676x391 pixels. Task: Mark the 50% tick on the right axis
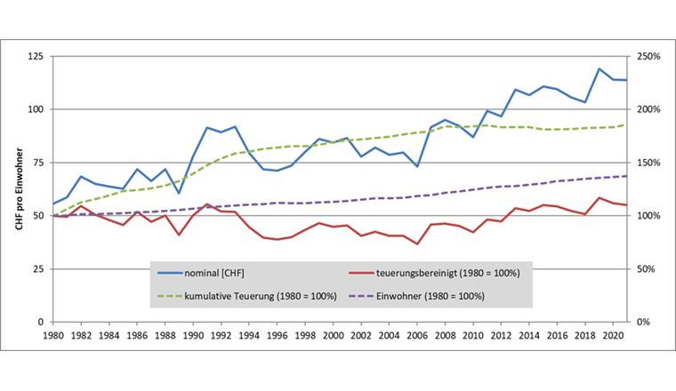(643, 268)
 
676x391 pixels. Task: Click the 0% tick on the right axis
(640, 322)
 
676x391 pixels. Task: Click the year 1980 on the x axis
(54, 337)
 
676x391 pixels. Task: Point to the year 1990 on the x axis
(193, 337)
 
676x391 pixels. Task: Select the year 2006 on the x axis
(416, 337)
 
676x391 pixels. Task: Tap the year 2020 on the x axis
(611, 337)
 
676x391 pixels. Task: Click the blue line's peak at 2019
(599, 68)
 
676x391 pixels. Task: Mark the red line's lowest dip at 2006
(417, 243)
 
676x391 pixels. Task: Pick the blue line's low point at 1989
(179, 193)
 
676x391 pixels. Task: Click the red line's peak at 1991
(206, 204)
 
